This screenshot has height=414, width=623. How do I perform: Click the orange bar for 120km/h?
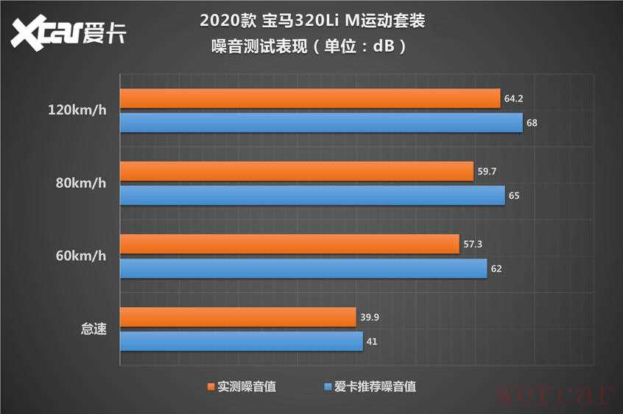coord(309,99)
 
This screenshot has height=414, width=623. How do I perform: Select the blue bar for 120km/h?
coord(321,122)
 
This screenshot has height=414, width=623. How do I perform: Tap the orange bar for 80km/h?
coord(296,171)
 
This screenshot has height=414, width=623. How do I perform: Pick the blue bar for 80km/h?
coord(312,195)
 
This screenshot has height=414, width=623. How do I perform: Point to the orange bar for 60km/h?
coord(289,244)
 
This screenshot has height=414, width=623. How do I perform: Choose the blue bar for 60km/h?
coord(303,268)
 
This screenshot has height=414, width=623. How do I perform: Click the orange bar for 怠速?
coord(238,317)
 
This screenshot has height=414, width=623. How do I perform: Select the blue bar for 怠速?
coord(241,341)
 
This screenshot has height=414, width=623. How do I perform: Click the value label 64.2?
coord(514,99)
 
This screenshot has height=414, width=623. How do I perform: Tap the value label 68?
coord(532,122)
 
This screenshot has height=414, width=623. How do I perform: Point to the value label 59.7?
coord(487,171)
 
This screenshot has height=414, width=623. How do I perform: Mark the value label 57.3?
coord(473,244)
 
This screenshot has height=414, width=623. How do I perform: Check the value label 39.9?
coord(370,317)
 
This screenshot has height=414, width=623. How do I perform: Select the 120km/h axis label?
coord(77,111)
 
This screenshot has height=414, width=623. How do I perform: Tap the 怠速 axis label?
coord(94,329)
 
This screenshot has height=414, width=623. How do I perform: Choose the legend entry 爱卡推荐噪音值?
coord(370,385)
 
